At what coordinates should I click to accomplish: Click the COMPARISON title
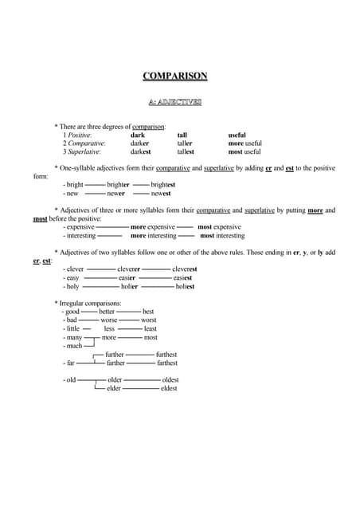175,76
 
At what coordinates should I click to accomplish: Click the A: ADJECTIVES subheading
175,102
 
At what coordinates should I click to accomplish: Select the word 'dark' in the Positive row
138,135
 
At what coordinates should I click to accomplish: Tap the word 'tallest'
186,151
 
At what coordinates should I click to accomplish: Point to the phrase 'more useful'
245,143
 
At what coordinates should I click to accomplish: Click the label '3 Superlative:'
82,151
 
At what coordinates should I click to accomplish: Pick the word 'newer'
116,194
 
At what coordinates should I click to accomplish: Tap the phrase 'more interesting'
153,236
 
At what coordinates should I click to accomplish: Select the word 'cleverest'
185,269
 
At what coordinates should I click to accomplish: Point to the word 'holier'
130,286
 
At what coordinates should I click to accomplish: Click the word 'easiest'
183,277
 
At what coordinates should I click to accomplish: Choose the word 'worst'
148,320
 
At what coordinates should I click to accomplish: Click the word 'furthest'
166,355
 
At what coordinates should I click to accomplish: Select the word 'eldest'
169,388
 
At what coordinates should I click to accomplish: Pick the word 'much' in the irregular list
75,346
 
